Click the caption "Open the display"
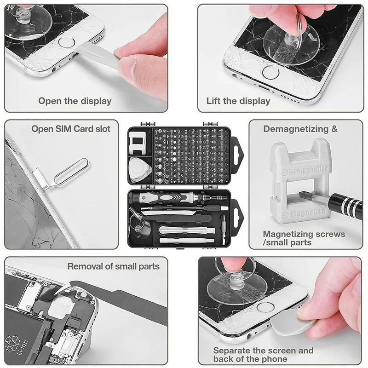coord(75,101)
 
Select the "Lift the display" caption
coord(238,101)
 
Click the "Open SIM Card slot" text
coord(71,129)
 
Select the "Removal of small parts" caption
coord(113,266)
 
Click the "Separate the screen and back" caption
coord(263,355)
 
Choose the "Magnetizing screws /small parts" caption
coord(304,238)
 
